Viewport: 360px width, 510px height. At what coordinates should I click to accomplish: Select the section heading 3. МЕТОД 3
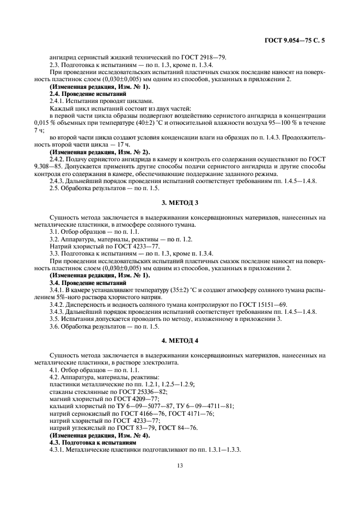click(180, 202)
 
